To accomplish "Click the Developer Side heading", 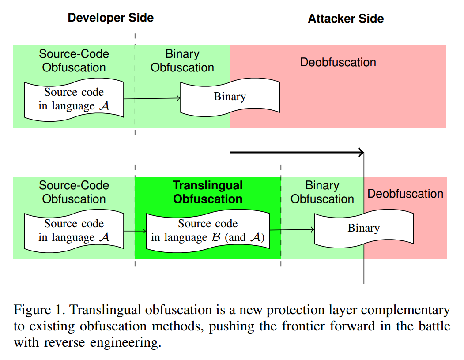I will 110,18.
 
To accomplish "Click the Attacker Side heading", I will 346,19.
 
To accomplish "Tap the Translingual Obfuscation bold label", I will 207,192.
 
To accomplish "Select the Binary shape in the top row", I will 230,97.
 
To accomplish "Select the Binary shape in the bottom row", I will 363,229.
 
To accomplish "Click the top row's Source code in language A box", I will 74,99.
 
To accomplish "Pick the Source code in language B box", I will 207,231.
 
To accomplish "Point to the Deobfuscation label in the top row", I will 338,62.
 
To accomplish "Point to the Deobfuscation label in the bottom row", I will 405,194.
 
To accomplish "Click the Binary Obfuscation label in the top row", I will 182,61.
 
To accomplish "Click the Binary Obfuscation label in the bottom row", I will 322,192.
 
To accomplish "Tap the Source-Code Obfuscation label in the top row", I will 74,61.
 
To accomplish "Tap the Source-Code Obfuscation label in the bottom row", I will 74,192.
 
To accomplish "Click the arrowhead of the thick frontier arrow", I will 361,153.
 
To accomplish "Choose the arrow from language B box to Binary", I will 291,229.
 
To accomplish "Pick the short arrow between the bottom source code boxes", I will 135,231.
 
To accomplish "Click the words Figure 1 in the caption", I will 39,310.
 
